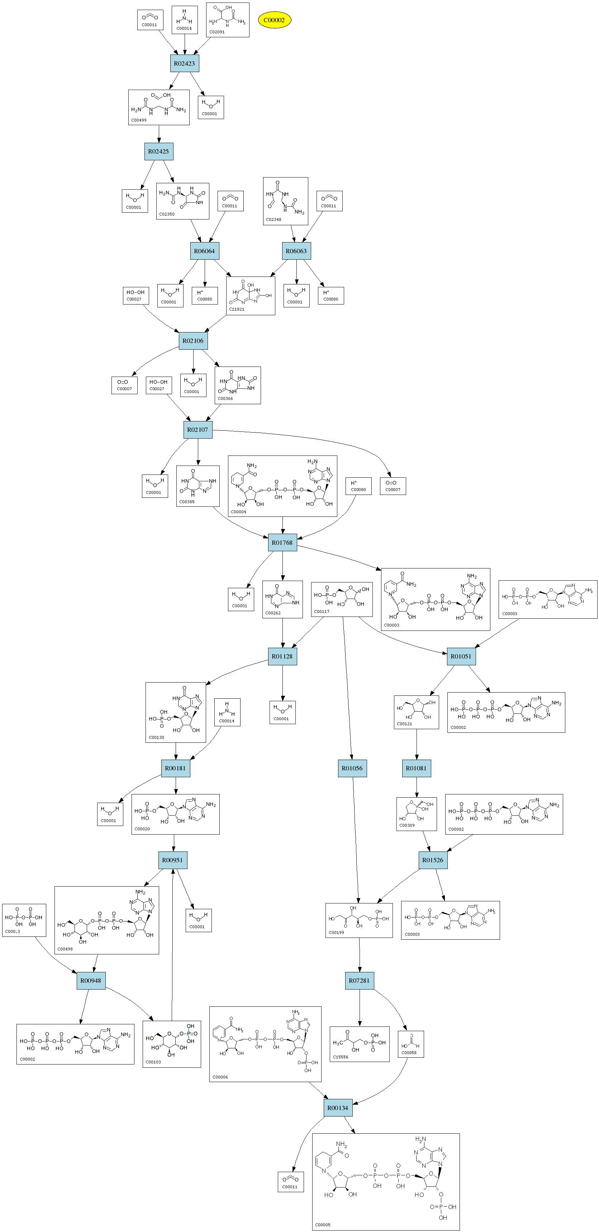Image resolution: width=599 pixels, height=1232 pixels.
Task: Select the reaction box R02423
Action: (185, 63)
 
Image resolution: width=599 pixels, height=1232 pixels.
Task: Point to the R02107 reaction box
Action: (198, 429)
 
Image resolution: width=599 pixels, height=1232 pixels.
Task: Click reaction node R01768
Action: (282, 543)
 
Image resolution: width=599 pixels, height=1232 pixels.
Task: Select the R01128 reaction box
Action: (282, 656)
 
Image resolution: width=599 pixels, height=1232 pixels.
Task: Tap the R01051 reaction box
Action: (461, 656)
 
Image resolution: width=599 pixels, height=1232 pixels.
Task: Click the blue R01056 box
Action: (352, 769)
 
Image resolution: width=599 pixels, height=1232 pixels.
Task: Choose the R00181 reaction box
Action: (175, 769)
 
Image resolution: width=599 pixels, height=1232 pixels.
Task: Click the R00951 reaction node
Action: (172, 860)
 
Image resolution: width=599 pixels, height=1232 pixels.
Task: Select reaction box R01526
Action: (433, 860)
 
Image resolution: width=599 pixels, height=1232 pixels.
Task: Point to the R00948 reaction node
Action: (91, 981)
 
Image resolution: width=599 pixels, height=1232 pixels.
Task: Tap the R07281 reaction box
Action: (359, 981)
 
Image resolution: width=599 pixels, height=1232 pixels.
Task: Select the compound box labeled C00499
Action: (159, 107)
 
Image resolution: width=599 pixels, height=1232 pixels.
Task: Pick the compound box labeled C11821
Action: (251, 296)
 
